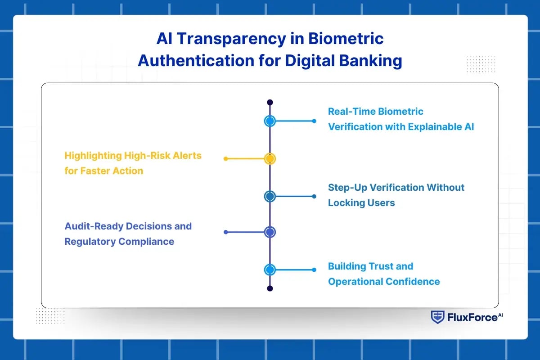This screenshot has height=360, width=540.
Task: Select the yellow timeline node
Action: click(270, 159)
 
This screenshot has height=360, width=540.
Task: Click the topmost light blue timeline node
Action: click(270, 121)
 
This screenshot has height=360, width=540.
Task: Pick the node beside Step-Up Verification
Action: click(270, 196)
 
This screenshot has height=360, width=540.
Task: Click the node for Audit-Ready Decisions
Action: click(270, 232)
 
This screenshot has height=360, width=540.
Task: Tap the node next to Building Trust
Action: click(270, 270)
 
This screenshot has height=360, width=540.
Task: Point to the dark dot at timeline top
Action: click(270, 103)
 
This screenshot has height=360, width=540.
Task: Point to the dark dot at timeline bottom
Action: click(270, 288)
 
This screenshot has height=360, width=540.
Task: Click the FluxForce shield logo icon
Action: click(437, 317)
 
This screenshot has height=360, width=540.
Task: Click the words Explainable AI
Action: click(441, 127)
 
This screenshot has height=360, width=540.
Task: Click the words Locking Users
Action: click(361, 203)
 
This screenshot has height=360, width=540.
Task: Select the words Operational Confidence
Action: click(384, 282)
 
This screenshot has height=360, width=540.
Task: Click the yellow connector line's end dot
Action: click(226, 159)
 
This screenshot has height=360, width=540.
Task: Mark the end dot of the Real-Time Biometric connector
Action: click(314, 121)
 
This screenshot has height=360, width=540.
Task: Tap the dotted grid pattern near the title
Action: click(481, 64)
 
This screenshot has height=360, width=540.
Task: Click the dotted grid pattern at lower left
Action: click(50, 316)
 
